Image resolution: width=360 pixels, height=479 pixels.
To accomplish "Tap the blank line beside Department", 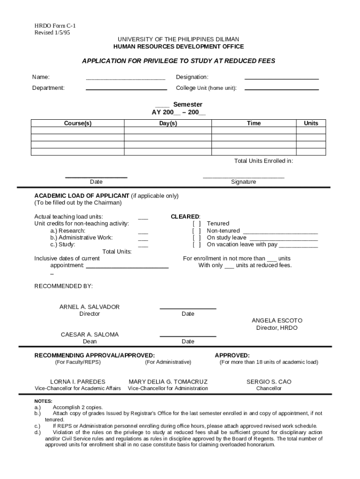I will (x=126, y=89).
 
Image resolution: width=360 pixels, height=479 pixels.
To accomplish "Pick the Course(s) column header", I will (x=78, y=123).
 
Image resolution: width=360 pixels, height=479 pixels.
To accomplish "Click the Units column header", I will (x=311, y=123).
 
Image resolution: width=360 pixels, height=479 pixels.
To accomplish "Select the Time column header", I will (x=254, y=123).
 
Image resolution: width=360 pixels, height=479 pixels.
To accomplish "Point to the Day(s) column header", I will (x=168, y=123).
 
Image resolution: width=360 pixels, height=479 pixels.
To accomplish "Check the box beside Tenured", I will (x=197, y=224).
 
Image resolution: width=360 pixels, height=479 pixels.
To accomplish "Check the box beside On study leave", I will (x=197, y=238).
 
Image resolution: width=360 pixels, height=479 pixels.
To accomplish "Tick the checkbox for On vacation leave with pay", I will (x=197, y=245).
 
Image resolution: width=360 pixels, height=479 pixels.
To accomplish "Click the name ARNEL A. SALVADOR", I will (x=89, y=307).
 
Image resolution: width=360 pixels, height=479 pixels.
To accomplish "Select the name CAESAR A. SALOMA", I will (x=90, y=334).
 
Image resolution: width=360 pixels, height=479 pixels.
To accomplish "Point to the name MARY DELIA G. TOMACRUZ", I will (x=168, y=382).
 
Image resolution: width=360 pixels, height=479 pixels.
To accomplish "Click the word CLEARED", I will (x=185, y=217).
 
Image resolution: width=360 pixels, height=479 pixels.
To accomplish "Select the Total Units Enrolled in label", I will (x=263, y=161).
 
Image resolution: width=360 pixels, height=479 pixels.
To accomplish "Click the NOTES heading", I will (x=43, y=401).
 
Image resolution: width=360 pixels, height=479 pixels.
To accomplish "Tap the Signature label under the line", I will (x=243, y=181).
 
